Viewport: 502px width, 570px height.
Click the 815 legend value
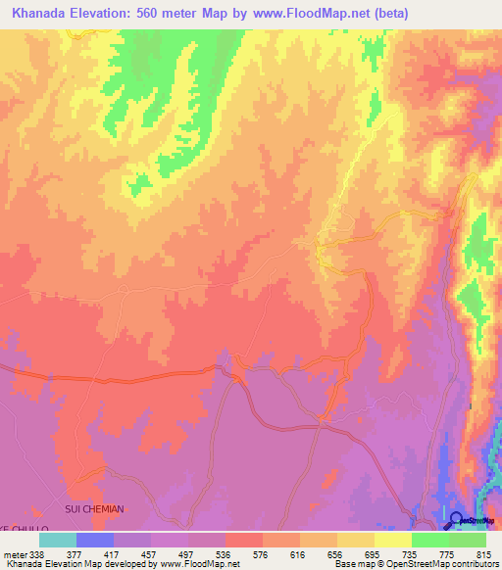point(481,553)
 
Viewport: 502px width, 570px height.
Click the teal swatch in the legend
point(58,540)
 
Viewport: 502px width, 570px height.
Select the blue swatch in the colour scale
point(95,540)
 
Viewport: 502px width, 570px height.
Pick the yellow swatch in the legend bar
point(393,540)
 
